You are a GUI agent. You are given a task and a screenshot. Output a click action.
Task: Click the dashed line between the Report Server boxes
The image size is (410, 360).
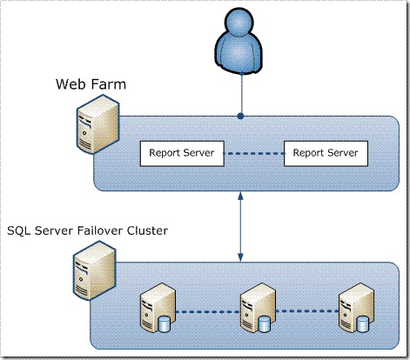[x=252, y=154]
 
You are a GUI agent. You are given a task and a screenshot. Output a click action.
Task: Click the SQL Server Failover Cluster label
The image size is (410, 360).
[x=87, y=230]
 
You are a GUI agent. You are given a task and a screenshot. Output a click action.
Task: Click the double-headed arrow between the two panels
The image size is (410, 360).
[x=240, y=229]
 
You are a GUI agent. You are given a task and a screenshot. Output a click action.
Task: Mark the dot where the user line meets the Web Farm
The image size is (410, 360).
[x=240, y=115]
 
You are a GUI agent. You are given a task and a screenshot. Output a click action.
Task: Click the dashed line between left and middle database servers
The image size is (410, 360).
[x=205, y=311]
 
